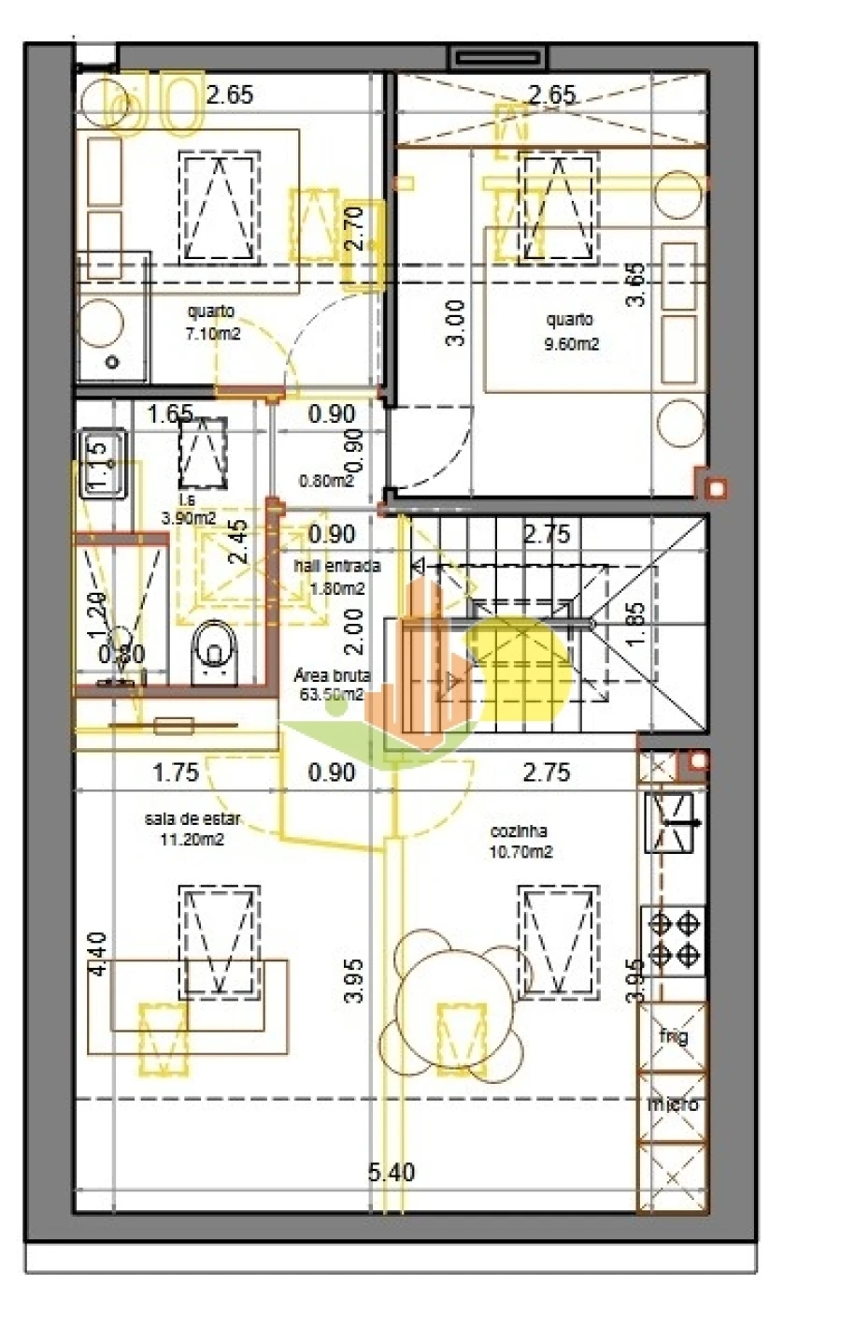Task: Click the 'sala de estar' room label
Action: [x=192, y=819]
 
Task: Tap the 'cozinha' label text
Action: [x=519, y=831]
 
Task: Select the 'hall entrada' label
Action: [x=336, y=567]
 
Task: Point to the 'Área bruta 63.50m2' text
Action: [x=332, y=685]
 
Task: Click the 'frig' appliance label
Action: [x=673, y=1036]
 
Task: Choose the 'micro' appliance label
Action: [x=673, y=1105]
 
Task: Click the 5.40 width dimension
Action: [x=392, y=1172]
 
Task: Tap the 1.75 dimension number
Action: [x=176, y=773]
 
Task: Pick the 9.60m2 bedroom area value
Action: [x=571, y=344]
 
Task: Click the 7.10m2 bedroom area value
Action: [x=213, y=333]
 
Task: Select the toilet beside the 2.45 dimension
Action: [x=216, y=650]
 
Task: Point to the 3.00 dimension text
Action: [x=455, y=324]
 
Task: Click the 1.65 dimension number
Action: [x=171, y=413]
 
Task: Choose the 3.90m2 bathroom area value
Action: [x=189, y=517]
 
